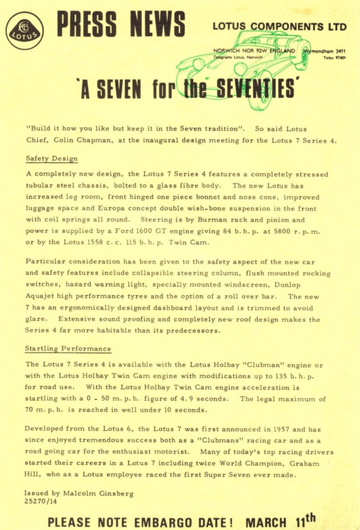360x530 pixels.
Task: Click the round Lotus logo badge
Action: (24, 31)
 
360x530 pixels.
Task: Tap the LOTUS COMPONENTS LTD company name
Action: (279, 26)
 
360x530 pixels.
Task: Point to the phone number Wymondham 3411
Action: (327, 52)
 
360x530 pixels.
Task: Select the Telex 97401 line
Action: (335, 58)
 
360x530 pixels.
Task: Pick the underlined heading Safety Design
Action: (52, 158)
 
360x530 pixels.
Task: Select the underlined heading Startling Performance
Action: (68, 349)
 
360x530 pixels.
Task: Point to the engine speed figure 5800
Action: (287, 231)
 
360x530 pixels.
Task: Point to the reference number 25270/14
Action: (41, 502)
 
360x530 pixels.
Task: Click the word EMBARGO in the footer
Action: (166, 521)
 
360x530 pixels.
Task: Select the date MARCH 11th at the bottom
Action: (280, 520)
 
